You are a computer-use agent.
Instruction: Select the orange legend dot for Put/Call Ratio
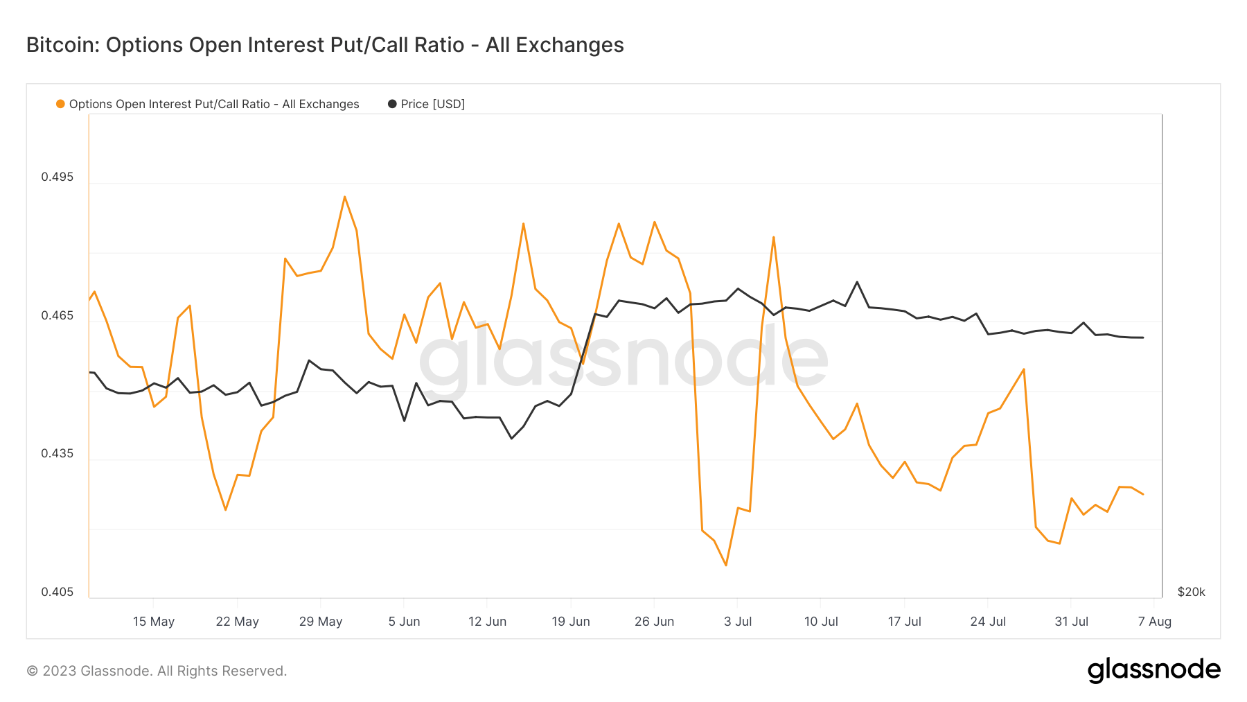60,104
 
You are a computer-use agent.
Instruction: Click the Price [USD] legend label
432,104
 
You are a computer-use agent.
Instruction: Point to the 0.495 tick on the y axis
57,177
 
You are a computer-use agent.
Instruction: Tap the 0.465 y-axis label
57,315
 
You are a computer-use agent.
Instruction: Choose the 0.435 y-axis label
57,453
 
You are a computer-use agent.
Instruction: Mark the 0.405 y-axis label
57,592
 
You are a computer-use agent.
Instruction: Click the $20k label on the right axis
1191,592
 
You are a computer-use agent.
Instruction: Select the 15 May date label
154,622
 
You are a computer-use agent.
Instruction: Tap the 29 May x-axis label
321,622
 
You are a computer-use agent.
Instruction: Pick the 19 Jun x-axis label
571,622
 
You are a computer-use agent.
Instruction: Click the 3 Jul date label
738,622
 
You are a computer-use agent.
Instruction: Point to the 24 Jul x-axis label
988,622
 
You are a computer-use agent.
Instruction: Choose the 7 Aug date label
1154,622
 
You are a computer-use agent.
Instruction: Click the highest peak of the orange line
344,197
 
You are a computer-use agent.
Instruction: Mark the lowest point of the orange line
726,565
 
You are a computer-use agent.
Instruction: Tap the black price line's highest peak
857,282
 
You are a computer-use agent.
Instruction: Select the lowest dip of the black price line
511,438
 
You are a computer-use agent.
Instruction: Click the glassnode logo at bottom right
1153,670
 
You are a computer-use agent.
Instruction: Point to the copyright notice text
157,671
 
